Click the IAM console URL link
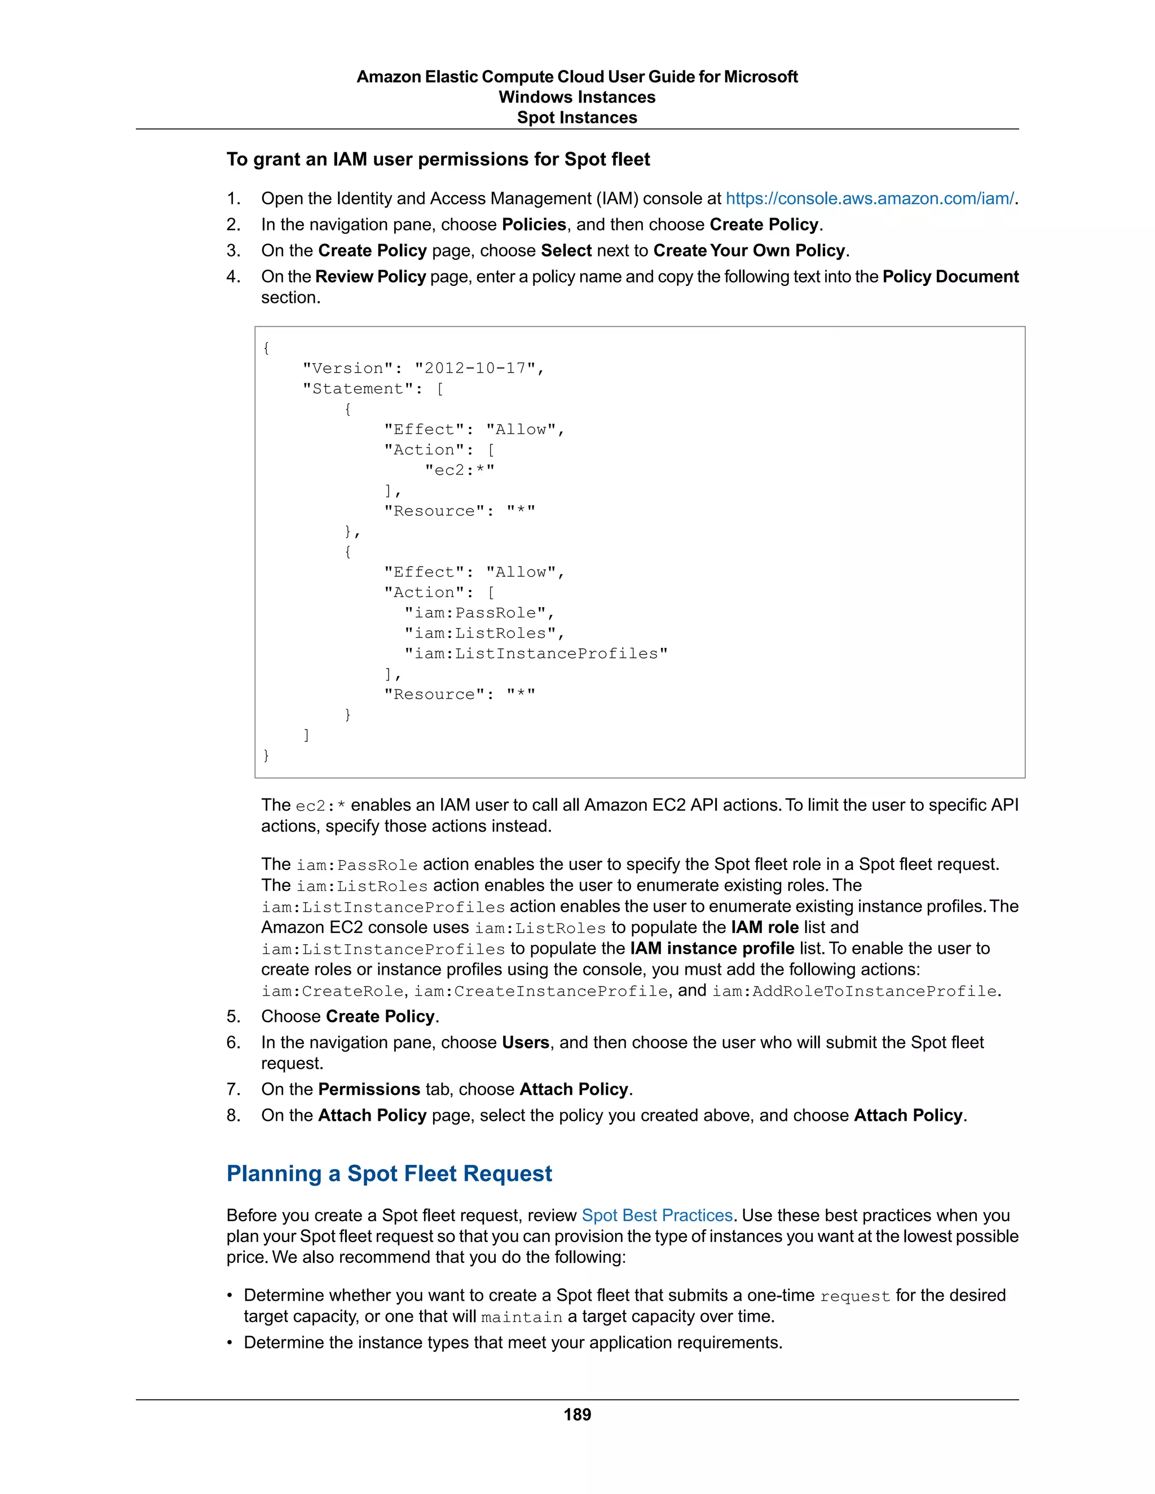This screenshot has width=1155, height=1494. (869, 198)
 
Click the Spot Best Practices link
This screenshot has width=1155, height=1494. (657, 1215)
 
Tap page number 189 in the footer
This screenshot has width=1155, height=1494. (577, 1415)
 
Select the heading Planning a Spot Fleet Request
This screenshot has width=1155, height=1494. (389, 1173)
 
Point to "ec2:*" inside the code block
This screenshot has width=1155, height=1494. (459, 470)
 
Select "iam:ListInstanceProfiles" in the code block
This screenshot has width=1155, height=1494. (535, 654)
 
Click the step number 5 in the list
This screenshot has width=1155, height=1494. (233, 1016)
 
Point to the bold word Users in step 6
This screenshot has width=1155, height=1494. (526, 1042)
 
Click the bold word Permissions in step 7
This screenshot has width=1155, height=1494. (369, 1089)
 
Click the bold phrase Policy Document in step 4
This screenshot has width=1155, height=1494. (950, 276)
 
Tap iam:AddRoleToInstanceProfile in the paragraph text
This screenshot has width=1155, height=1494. (854, 991)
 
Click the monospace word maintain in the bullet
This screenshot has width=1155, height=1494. (522, 1318)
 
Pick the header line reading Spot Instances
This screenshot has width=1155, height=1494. (577, 118)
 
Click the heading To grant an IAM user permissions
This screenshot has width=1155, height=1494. (438, 160)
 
